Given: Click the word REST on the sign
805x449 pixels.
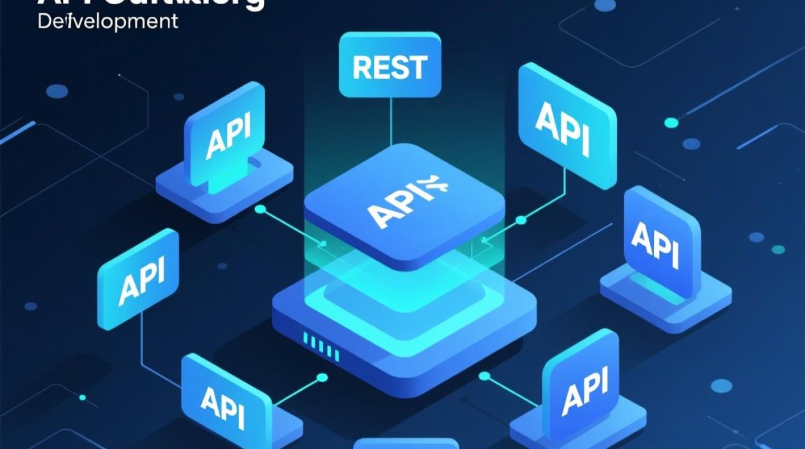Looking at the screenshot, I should click(390, 67).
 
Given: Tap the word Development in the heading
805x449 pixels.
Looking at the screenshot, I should click(108, 22).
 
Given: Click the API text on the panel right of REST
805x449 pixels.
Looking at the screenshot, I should click(562, 129).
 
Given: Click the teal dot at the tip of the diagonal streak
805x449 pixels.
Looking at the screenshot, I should click(671, 123).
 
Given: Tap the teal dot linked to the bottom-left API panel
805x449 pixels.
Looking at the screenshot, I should click(322, 378).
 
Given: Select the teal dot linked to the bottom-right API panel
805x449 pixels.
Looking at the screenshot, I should click(485, 376).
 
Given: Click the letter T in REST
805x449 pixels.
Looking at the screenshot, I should click(419, 67).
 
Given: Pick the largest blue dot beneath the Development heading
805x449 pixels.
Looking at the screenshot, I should click(57, 91).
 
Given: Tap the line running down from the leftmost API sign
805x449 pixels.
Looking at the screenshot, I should click(141, 347).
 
